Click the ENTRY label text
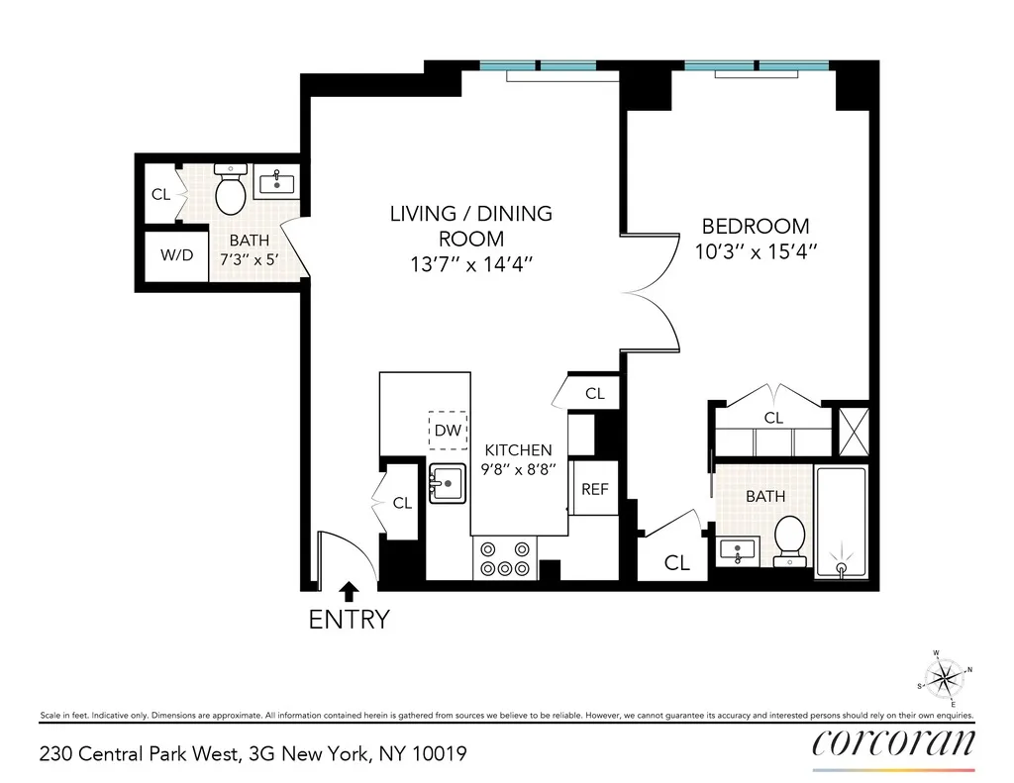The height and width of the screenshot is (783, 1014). [x=349, y=621]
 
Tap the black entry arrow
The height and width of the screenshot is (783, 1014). [x=349, y=592]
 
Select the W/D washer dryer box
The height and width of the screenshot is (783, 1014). [x=177, y=255]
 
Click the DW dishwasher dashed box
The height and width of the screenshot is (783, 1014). [x=448, y=431]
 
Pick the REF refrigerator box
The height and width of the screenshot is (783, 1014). [x=594, y=489]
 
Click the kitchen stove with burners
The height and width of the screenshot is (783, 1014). [x=504, y=557]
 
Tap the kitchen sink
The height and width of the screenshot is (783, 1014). [x=449, y=484]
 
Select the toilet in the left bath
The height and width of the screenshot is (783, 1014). [x=231, y=191]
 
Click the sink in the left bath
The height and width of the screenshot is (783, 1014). [x=274, y=182]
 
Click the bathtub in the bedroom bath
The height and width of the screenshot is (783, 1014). [x=841, y=522]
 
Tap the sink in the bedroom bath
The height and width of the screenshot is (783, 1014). [x=738, y=550]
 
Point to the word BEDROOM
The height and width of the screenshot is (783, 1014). [x=756, y=226]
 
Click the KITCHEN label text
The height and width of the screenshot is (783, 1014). [x=518, y=450]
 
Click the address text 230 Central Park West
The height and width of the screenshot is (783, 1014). [x=139, y=754]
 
